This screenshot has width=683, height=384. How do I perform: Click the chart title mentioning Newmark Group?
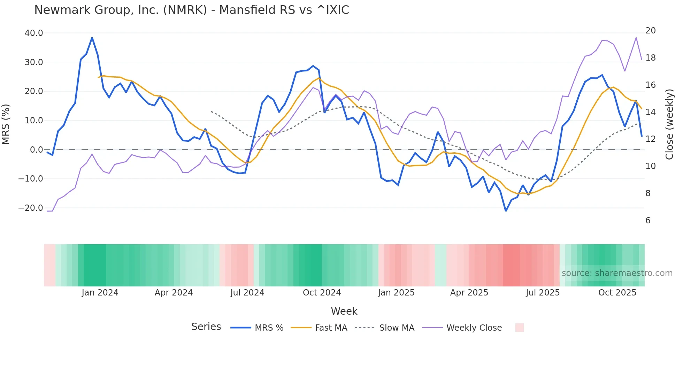192,10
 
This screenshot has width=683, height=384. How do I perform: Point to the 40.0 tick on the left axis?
34,33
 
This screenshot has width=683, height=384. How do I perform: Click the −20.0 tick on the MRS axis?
31,208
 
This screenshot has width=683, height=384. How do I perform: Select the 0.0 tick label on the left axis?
36,150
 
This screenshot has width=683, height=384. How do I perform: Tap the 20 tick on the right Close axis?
650,31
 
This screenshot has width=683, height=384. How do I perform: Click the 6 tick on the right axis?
648,221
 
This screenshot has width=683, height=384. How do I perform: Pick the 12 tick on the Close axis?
650,139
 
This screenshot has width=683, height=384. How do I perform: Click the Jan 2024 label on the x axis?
100,293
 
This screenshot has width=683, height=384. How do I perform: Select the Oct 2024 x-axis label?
322,293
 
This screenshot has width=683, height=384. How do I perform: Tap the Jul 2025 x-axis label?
543,293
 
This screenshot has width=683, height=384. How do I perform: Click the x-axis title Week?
344,311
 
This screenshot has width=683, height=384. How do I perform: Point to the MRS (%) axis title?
6,124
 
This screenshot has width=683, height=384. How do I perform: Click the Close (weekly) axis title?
669,124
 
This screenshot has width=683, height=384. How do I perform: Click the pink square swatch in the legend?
519,328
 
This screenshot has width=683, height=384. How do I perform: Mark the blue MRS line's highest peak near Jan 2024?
92,38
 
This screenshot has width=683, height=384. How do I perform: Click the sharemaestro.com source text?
617,273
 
